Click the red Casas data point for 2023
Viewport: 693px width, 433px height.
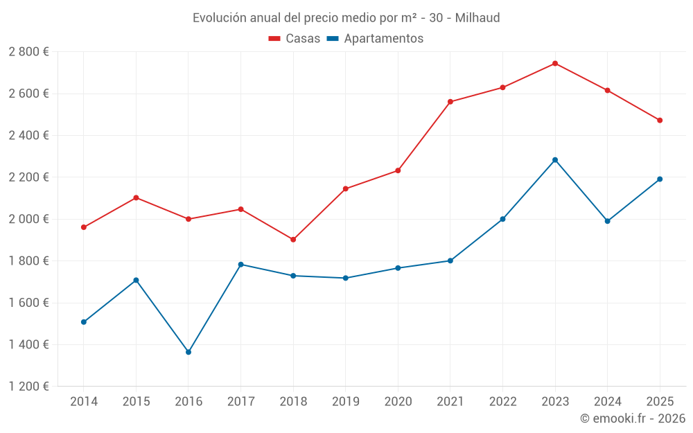(555, 64)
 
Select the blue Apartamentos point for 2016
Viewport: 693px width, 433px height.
(188, 352)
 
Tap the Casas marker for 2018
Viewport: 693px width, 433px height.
(293, 240)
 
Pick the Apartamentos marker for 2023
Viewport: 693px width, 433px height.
(555, 160)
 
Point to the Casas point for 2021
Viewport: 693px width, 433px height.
(450, 102)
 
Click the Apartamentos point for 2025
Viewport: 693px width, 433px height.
(660, 179)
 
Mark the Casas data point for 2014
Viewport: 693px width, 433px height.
(84, 227)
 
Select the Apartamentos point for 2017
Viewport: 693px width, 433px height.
(241, 265)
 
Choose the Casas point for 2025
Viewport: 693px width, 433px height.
(660, 121)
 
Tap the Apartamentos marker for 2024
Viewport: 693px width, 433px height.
(607, 221)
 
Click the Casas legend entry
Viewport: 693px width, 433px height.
(295, 39)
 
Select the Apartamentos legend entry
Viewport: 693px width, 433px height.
(375, 39)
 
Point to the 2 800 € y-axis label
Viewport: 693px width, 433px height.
(28, 52)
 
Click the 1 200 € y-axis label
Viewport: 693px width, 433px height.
(28, 387)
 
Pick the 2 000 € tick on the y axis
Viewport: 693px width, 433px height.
(28, 219)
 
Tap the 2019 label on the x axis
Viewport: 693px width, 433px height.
(346, 402)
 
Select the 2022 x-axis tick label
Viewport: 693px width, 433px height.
(502, 402)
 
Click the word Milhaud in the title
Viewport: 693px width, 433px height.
(477, 17)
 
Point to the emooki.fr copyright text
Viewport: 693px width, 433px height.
(632, 418)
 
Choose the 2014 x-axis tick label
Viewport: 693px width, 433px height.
(84, 402)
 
